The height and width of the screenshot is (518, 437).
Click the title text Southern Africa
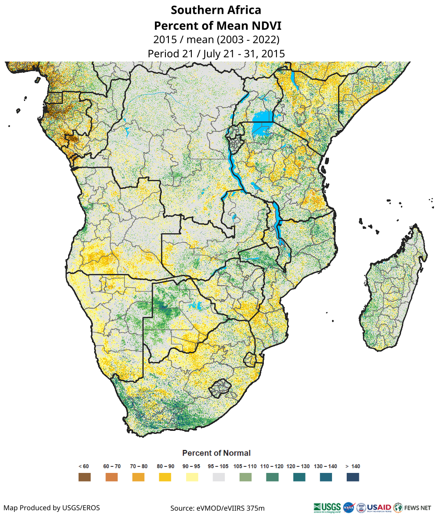pos(216,10)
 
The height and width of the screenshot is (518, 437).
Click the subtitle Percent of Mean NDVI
pos(216,25)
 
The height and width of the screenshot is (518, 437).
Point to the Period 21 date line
pos(216,54)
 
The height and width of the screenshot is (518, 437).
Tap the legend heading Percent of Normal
pos(216,453)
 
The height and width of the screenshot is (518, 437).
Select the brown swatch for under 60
pos(85,477)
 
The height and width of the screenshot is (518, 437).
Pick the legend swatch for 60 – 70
pos(112,477)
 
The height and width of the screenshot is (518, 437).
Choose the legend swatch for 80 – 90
pos(165,477)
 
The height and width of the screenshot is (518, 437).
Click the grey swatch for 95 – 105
pos(219,477)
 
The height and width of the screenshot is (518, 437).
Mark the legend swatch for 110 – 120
pos(272,477)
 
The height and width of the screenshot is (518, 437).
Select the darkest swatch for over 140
pos(353,477)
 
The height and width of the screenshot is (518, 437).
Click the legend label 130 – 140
pos(325,466)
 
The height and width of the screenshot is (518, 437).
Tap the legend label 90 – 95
pos(192,466)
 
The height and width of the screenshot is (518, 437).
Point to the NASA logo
pos(348,507)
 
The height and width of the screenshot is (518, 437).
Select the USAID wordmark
pos(379,507)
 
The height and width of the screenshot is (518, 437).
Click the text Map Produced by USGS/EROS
pos(52,508)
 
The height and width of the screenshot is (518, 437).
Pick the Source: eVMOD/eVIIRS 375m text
pos(217,508)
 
